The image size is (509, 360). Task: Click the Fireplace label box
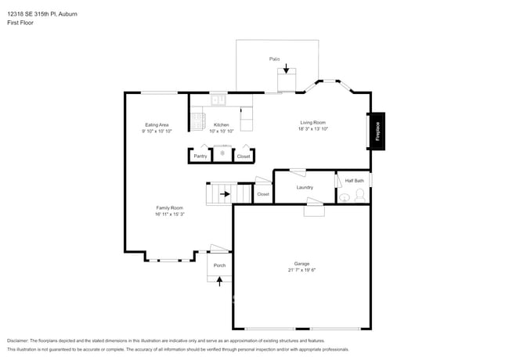377,131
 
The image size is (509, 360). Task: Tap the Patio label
275,59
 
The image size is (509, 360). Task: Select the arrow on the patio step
286,70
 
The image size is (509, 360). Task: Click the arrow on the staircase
225,193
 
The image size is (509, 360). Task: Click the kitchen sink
218,99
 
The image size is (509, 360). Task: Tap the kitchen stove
197,121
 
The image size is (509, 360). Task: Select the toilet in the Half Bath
360,194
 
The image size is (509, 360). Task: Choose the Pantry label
200,157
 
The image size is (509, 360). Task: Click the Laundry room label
305,187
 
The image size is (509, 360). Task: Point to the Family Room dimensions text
169,214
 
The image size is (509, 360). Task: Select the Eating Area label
157,125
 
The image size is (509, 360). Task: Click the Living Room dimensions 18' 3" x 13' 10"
313,129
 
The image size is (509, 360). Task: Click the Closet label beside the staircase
263,194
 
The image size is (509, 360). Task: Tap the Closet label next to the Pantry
244,157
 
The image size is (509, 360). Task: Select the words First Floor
18,23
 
